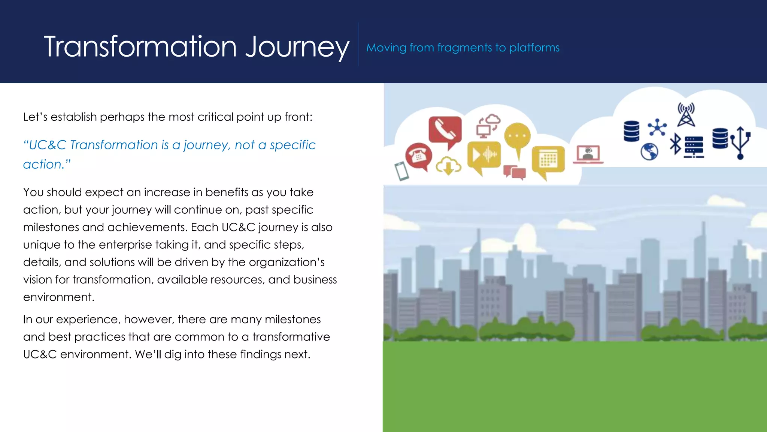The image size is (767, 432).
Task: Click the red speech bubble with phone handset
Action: pos(445,131)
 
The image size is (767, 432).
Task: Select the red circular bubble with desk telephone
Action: pos(418,155)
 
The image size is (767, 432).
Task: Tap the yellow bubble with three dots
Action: pos(518,136)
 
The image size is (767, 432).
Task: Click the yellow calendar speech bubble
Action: pos(548,160)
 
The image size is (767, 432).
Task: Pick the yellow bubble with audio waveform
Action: pos(484,155)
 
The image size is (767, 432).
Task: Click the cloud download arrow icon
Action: pos(448,166)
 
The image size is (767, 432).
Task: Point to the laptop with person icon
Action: pos(588,154)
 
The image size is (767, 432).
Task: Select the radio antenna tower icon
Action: pos(686,115)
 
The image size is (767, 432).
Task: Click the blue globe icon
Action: pos(649,151)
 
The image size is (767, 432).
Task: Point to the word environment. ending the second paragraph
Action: pos(58,297)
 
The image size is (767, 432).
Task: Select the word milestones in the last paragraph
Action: pos(292,319)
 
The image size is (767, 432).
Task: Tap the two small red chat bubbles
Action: pos(515,172)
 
